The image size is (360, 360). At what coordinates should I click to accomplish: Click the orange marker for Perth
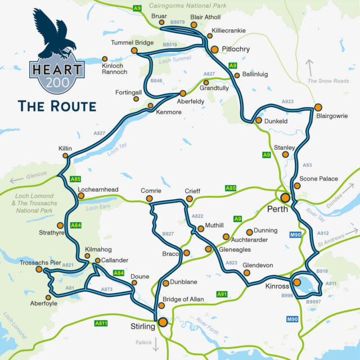(285, 197)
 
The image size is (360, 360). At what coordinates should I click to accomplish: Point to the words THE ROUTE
(56, 105)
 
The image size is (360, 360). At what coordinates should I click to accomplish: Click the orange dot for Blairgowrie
(318, 107)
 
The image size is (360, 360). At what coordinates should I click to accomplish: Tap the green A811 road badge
(101, 323)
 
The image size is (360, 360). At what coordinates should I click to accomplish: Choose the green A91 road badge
(222, 294)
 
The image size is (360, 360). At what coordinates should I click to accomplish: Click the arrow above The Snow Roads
(309, 66)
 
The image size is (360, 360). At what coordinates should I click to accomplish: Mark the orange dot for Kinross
(296, 282)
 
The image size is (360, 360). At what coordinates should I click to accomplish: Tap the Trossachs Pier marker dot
(39, 269)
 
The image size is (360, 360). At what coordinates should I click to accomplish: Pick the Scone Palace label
(318, 179)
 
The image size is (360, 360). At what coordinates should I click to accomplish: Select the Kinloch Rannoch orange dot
(105, 58)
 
